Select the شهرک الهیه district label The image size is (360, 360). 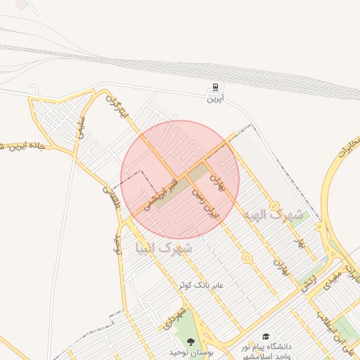[x=274, y=214]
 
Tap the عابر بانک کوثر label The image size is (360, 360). [x=200, y=285]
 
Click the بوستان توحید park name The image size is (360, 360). [x=190, y=351]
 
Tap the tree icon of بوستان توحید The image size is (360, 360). [x=190, y=341]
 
